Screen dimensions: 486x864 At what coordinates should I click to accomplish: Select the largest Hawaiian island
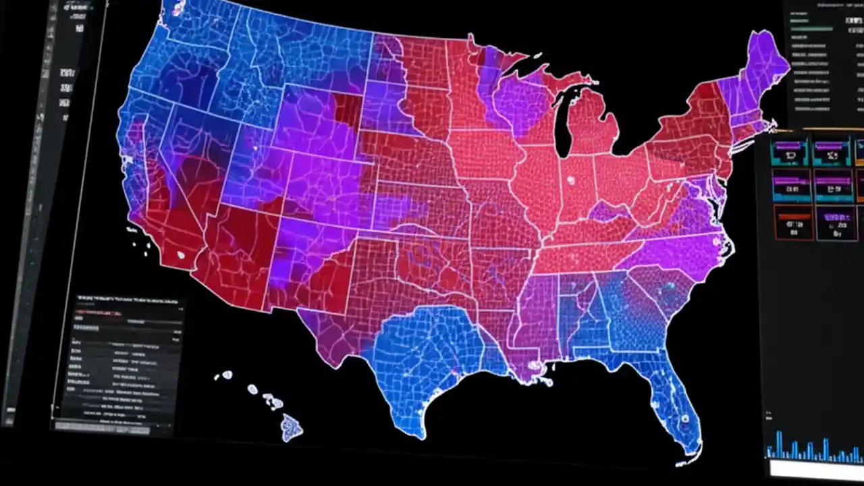(x=292, y=428)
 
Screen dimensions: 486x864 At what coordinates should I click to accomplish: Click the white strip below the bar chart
(x=813, y=468)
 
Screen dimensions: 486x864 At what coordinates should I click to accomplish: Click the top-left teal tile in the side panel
(x=792, y=151)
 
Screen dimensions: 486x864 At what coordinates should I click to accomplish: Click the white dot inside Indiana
(x=572, y=180)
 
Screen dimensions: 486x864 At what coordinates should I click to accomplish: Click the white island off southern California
(x=180, y=255)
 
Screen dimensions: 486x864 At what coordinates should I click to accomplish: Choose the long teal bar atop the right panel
(x=813, y=29)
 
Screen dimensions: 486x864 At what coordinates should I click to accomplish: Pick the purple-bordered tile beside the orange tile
(x=836, y=223)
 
